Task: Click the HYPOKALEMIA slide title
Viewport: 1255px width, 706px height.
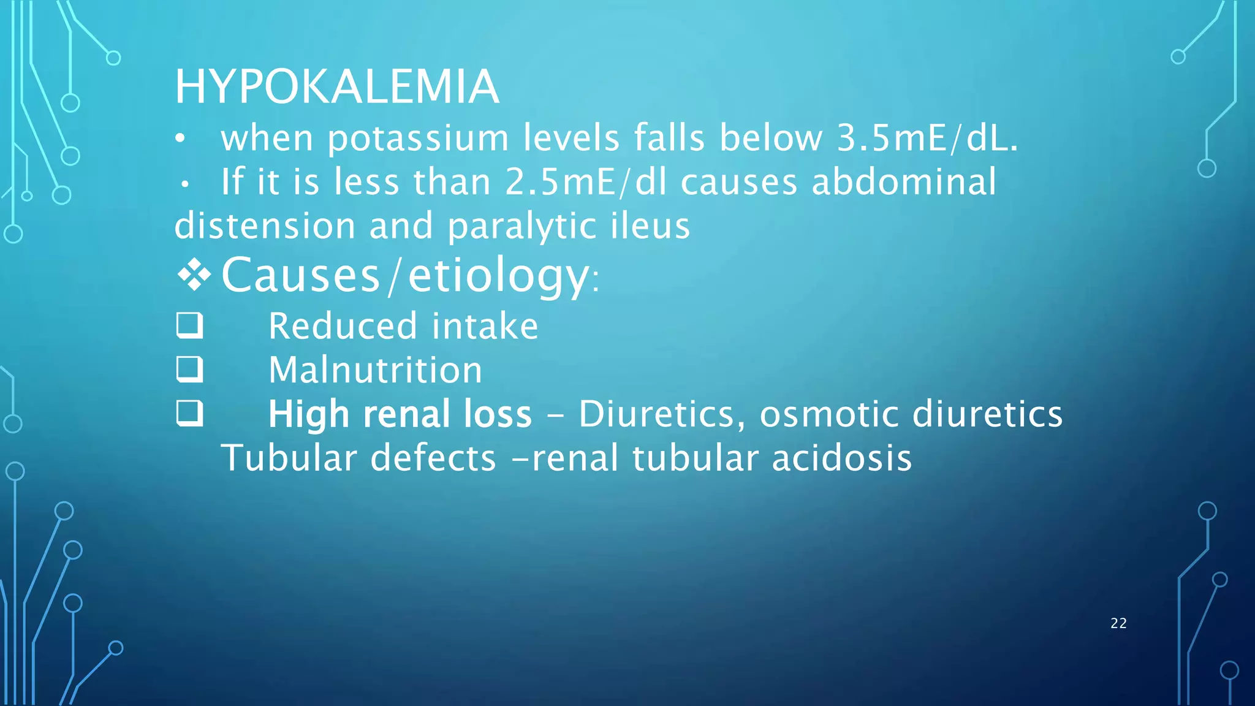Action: [336, 87]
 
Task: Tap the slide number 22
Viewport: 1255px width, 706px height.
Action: [1118, 623]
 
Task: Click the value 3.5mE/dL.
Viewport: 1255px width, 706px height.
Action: [927, 138]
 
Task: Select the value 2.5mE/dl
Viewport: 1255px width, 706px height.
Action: [586, 182]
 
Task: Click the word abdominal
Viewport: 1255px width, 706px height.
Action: [904, 182]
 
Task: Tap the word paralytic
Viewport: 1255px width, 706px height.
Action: [521, 227]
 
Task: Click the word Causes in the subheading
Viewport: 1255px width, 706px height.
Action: [300, 275]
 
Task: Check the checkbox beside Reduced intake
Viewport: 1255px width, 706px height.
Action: [189, 325]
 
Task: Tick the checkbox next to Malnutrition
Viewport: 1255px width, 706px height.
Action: [189, 370]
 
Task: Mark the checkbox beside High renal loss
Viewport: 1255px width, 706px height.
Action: [189, 414]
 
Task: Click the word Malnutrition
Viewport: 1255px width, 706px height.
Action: [375, 370]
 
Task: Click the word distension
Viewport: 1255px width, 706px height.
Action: [265, 226]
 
